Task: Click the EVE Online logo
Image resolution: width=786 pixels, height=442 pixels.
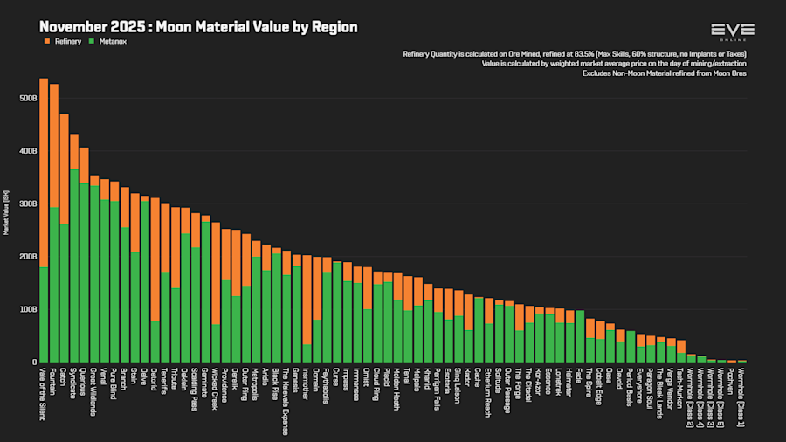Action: pos(733,32)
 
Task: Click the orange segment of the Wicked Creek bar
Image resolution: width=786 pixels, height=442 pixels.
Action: pos(215,270)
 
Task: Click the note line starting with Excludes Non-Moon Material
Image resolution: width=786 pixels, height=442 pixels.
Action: pos(664,73)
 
